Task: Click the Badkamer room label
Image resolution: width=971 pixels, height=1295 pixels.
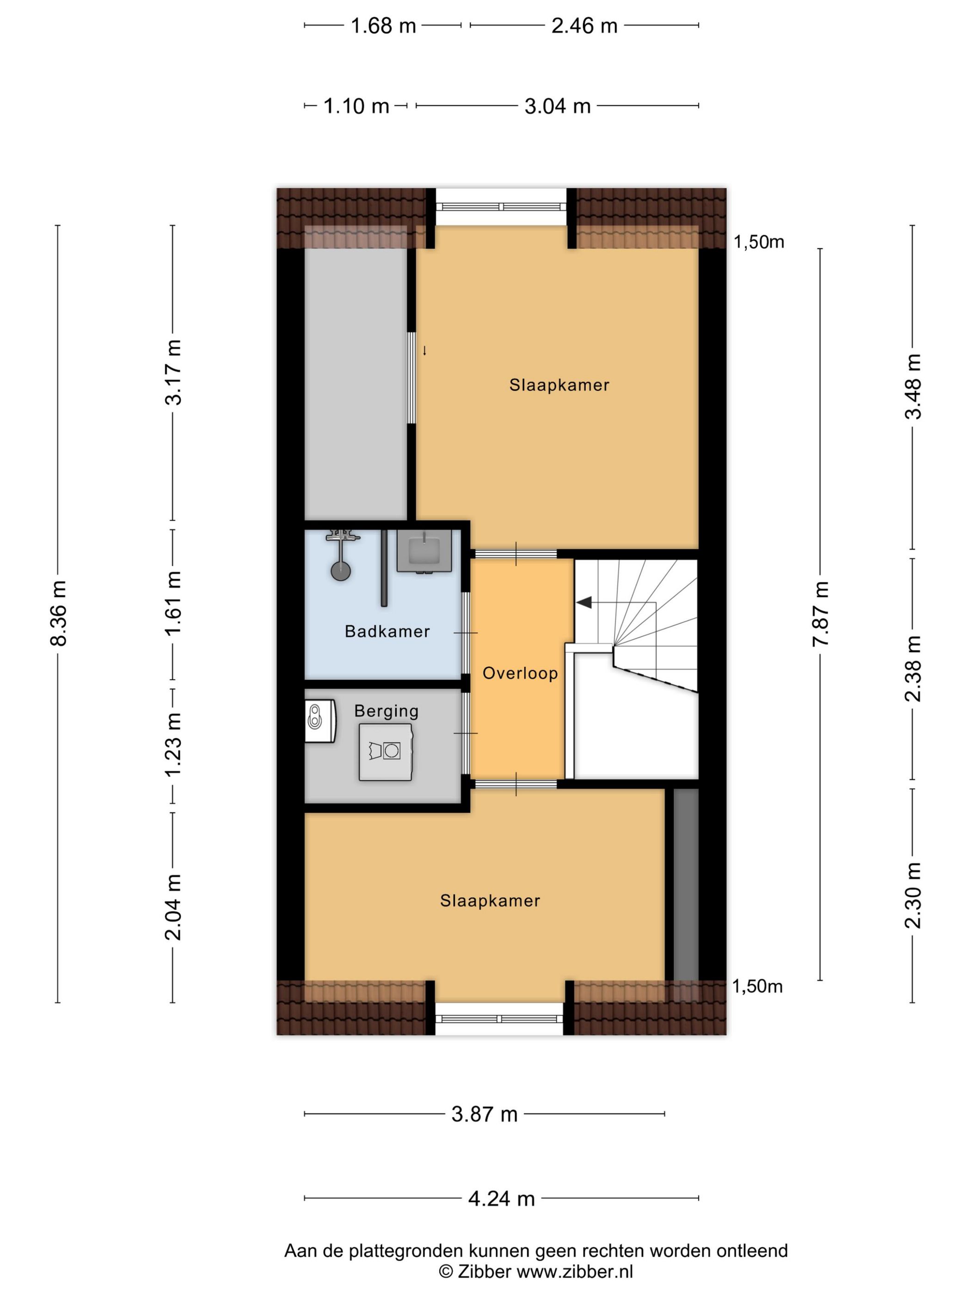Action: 387,631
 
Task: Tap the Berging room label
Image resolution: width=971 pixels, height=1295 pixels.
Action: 386,711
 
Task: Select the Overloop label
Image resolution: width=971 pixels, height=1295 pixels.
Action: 520,673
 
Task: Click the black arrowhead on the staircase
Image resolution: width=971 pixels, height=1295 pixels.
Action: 584,602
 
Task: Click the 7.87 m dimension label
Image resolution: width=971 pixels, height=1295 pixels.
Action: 821,614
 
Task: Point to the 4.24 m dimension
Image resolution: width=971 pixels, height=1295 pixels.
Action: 502,1199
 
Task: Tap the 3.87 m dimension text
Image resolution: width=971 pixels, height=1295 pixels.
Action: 485,1114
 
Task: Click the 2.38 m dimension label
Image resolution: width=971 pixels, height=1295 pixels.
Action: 913,669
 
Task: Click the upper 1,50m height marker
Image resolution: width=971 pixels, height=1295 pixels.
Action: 759,242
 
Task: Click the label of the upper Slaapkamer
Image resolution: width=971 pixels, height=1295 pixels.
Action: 559,385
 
